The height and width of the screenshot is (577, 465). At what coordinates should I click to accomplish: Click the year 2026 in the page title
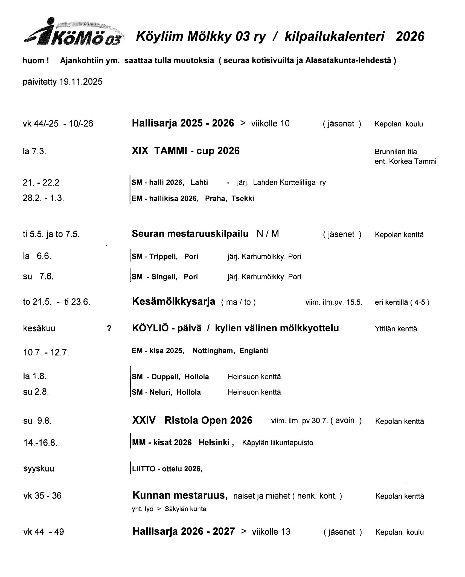410,36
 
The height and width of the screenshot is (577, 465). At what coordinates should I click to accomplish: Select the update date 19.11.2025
81,82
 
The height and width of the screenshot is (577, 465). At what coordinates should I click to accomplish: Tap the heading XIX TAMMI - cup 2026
185,151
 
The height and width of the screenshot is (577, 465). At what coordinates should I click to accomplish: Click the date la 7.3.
34,151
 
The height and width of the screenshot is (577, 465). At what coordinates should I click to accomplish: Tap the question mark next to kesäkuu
109,329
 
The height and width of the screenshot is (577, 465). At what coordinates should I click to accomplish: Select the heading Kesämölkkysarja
173,302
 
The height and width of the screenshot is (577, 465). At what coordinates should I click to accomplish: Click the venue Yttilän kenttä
396,329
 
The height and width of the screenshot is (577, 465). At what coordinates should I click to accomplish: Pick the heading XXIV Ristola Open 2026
192,420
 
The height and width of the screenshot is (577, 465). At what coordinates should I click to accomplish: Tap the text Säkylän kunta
185,509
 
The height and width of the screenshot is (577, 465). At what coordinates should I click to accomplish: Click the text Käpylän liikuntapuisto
278,443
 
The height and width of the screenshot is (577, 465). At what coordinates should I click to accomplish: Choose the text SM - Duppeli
156,377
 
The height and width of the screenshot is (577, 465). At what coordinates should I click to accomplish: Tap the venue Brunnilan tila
396,152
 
